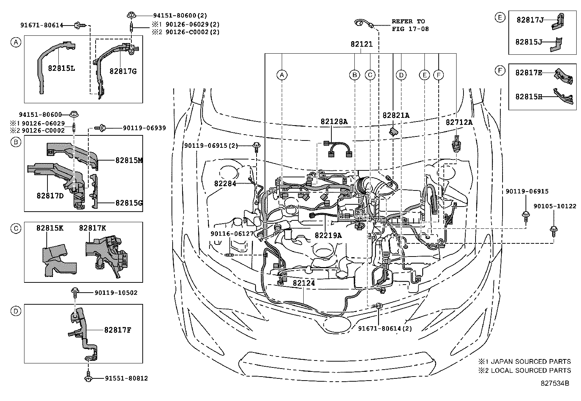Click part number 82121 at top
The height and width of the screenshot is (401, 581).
tap(361, 44)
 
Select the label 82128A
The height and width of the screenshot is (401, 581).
tap(334, 122)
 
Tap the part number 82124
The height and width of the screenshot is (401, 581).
tap(304, 283)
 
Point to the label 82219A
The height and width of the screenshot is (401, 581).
tap(328, 235)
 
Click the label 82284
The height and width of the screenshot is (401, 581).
tap(225, 184)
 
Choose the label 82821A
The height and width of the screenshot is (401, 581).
tap(396, 115)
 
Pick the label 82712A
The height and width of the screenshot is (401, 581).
tap(459, 123)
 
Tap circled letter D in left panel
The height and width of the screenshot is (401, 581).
tap(15, 311)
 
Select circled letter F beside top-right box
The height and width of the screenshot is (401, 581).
tap(500, 70)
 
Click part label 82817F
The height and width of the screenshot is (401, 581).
tap(117, 330)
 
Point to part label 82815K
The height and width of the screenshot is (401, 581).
tap(50, 228)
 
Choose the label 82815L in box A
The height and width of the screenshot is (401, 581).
tap(61, 68)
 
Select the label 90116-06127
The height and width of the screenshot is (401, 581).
tap(232, 234)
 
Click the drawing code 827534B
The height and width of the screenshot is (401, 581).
tap(555, 383)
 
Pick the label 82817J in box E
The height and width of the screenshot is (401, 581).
tap(530, 20)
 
